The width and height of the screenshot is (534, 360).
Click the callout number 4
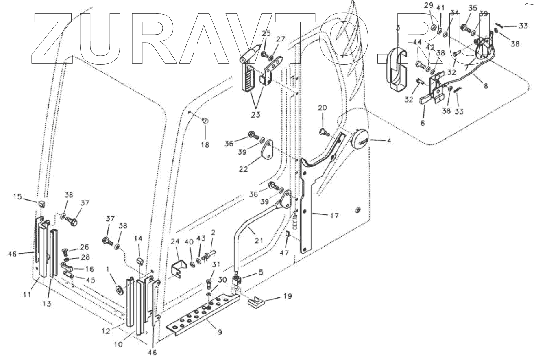click(x=389, y=141)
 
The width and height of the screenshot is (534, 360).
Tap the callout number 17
click(x=334, y=216)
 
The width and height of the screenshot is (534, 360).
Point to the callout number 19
click(x=287, y=297)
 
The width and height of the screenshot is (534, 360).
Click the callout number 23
click(x=256, y=115)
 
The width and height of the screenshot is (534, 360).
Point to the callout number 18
click(x=205, y=144)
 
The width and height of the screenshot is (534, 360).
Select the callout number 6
click(x=423, y=122)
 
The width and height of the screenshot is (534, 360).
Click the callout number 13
click(x=48, y=303)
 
